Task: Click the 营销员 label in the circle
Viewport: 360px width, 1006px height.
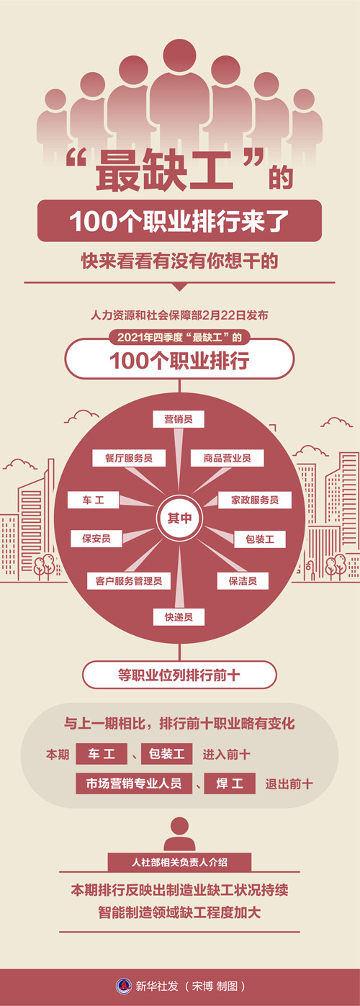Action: click(179, 419)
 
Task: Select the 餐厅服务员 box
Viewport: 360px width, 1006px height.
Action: click(129, 458)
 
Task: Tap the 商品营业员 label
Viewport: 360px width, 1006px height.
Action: click(227, 458)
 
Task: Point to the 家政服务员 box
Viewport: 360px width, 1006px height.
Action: click(255, 500)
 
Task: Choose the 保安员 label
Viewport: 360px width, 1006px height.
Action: click(96, 539)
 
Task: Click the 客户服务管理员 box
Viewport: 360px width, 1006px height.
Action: click(129, 580)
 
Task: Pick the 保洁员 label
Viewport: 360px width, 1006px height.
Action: click(243, 580)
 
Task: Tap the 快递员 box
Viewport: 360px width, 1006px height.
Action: click(179, 617)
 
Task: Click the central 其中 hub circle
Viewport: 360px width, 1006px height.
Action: click(179, 518)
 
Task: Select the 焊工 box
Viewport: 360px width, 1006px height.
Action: click(230, 783)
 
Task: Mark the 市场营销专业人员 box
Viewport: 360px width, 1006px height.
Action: click(134, 783)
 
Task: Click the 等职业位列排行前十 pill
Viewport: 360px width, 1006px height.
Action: click(179, 675)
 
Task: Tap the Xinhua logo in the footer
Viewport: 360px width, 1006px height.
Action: click(124, 986)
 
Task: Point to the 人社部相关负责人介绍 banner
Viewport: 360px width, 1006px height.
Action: click(179, 862)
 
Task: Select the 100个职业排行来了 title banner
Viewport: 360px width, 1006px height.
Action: click(179, 221)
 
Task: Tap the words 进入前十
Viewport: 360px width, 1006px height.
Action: click(226, 754)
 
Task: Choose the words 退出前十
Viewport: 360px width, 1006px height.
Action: click(289, 784)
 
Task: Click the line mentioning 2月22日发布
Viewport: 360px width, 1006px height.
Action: click(179, 315)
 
